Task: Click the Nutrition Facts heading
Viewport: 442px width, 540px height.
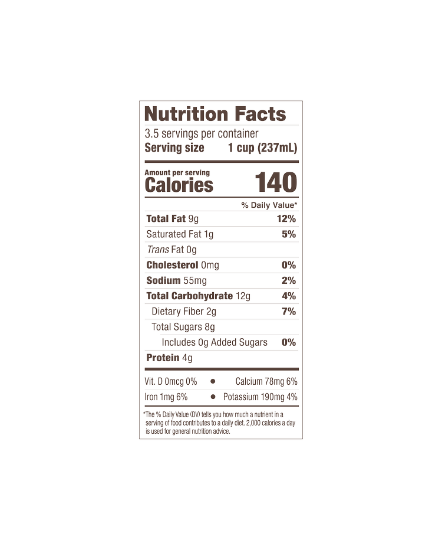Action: pos(215,114)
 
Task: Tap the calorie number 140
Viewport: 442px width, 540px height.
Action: pos(276,182)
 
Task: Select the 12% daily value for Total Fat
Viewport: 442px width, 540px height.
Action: pos(286,219)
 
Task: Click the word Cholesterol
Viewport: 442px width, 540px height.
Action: pos(172,265)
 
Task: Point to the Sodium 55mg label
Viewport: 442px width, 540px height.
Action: pos(176,280)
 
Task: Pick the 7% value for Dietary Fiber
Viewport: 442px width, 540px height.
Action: pos(289,312)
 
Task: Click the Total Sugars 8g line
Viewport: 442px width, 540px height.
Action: pos(183,327)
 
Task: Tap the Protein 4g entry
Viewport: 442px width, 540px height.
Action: pos(169,358)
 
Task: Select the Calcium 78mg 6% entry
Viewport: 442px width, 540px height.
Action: pos(266,381)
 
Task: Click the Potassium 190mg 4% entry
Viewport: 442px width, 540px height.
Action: pos(260,397)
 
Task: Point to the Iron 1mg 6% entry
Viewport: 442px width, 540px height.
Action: pos(166,397)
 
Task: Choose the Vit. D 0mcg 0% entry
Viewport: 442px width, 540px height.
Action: pos(170,381)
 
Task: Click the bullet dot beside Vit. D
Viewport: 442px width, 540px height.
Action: pos(213,381)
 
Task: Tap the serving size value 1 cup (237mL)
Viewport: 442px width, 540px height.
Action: pos(263,148)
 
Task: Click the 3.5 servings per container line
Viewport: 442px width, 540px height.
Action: pos(201,133)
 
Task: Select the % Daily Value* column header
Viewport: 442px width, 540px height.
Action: pos(269,205)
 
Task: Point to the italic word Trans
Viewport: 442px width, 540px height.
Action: pos(158,249)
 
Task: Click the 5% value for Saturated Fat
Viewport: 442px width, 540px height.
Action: pos(289,234)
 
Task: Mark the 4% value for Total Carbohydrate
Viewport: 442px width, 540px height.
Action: pos(289,296)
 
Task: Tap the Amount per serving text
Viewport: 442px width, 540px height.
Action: pos(177,172)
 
